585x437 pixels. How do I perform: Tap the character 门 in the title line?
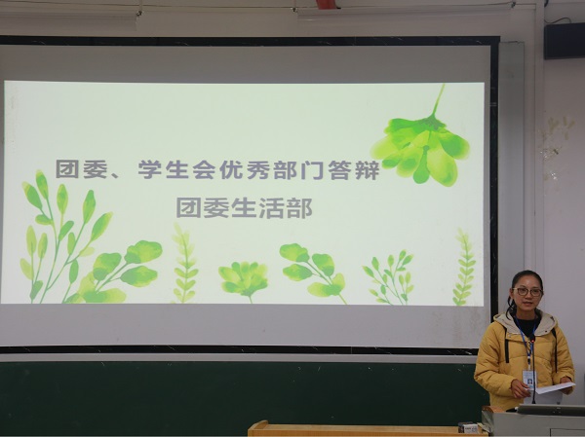point(311,170)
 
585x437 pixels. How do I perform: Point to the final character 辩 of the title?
point(368,170)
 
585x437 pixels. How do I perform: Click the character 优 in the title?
point(231,170)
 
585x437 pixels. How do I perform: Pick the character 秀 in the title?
point(258,170)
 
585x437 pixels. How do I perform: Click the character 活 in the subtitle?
point(271,208)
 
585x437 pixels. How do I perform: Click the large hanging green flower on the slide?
point(421,145)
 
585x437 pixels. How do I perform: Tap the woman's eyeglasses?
point(527,292)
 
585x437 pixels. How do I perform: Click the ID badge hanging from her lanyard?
point(529,380)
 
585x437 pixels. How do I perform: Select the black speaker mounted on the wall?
point(565,41)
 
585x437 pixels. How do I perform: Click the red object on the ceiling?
point(326,4)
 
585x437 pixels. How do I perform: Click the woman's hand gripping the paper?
point(520,387)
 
